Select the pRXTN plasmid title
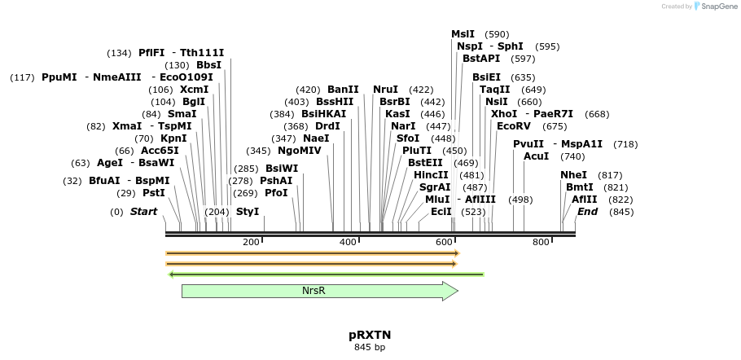[x=370, y=335]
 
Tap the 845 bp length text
[x=370, y=348]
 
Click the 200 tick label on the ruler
[x=250, y=242]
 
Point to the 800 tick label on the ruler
[x=541, y=242]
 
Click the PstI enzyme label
[x=154, y=193]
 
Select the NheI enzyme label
[x=573, y=175]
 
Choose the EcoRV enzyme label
[x=514, y=126]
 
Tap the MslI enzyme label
[x=463, y=34]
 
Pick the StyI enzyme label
[x=248, y=212]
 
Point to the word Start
[x=143, y=212]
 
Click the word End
[x=587, y=212]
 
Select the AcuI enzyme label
[x=537, y=156]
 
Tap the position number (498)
[x=520, y=200]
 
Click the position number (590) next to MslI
[x=497, y=34]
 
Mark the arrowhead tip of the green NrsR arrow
[x=458, y=291]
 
